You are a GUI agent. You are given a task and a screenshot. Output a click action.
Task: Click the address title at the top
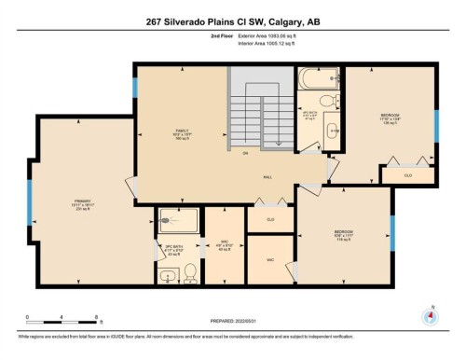pyautogui.click(x=233, y=22)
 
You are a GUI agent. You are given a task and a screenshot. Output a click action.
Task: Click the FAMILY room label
pyautogui.click(x=181, y=132)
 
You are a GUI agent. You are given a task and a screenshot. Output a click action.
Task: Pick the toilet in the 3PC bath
pyautogui.click(x=190, y=271)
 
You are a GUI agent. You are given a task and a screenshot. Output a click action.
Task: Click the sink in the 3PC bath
pyautogui.click(x=169, y=274)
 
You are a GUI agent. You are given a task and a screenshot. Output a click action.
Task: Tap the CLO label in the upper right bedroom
pyautogui.click(x=407, y=173)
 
